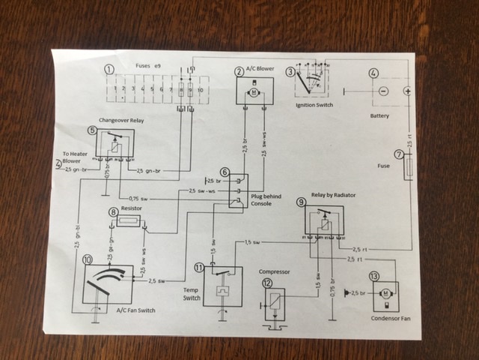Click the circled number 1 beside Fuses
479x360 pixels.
pyautogui.click(x=110, y=70)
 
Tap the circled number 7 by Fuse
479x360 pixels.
pyautogui.click(x=399, y=154)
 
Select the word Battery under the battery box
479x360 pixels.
pyautogui.click(x=380, y=117)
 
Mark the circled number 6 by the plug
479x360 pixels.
pyautogui.click(x=224, y=172)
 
